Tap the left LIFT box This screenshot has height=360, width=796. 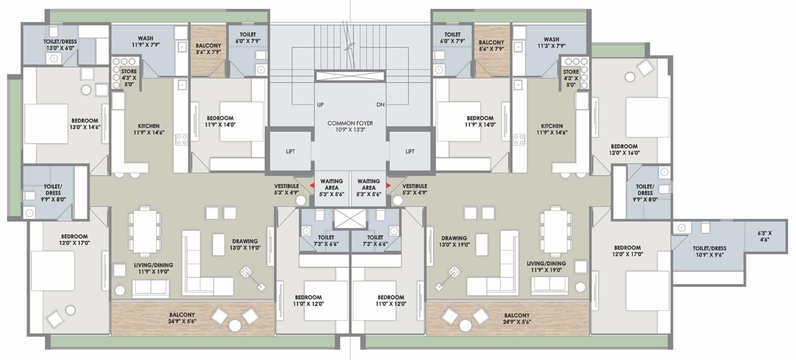(290, 151)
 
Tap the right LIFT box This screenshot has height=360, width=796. (410, 151)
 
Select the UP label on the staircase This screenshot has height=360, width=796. (320, 105)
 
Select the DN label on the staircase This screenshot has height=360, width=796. (381, 105)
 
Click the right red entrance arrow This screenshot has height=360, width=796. (388, 185)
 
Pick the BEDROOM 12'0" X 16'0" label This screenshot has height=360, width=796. (624, 149)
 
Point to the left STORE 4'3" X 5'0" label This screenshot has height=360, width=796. (129, 77)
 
